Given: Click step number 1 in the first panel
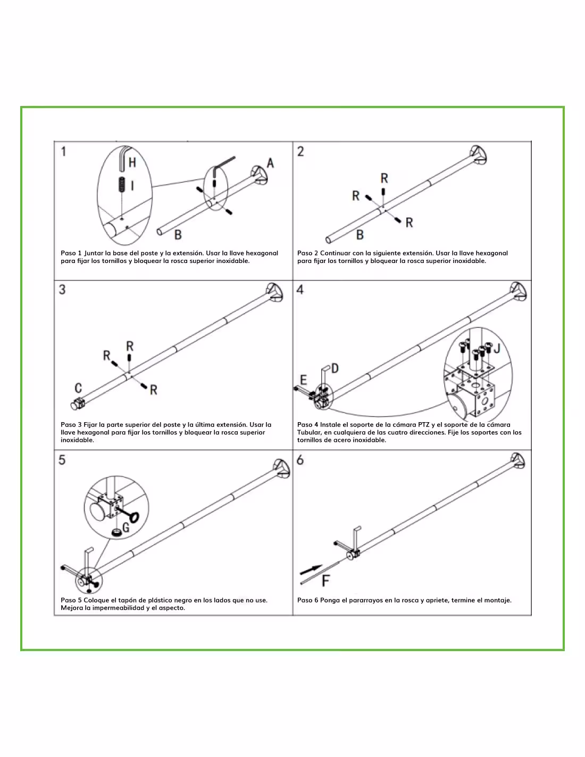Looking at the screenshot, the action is pos(63,152).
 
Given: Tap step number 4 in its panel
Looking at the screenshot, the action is pos(300,290).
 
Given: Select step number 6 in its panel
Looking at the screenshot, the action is pos(300,460).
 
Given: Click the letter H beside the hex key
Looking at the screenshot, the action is pos(132,162).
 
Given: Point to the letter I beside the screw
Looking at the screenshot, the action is pos(132,186).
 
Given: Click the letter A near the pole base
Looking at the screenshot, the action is pos(270,163).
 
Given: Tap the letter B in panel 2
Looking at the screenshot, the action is pos(360,235).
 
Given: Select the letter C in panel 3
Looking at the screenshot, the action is pos(78,388).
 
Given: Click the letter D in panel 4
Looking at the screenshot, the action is pos(335,368).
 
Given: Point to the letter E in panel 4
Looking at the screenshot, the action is pos(304,380).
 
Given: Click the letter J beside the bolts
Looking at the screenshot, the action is pos(497,348).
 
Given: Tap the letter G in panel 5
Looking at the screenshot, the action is pos(126,528).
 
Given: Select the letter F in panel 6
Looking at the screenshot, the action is pos(325,581).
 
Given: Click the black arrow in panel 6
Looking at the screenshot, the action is pos(311,570).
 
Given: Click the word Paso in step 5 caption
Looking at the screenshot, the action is pos(68,600).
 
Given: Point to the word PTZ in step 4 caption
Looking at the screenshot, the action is pos(423,425).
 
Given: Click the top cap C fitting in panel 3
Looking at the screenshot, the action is pos(78,404).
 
